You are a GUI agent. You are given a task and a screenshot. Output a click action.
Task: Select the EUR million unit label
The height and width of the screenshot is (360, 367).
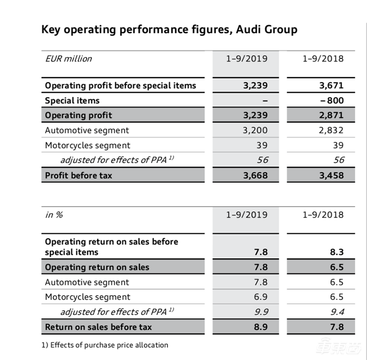(x=68, y=58)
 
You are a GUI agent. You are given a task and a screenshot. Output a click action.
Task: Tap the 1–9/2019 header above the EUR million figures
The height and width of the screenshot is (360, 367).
(x=247, y=58)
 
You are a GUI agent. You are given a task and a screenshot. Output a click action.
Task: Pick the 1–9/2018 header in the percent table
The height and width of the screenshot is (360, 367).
(x=323, y=214)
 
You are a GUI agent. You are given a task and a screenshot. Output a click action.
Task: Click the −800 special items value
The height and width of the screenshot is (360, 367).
(x=332, y=100)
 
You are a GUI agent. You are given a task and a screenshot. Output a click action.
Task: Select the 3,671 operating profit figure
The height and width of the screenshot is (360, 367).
(x=331, y=85)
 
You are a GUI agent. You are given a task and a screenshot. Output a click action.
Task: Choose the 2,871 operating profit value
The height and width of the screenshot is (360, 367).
(x=331, y=115)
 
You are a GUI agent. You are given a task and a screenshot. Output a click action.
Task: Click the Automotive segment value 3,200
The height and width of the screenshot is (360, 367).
(x=256, y=130)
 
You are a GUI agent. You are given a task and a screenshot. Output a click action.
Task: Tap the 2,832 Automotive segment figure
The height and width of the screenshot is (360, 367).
(x=331, y=130)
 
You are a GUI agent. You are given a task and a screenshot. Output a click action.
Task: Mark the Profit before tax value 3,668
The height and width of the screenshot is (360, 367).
(x=256, y=175)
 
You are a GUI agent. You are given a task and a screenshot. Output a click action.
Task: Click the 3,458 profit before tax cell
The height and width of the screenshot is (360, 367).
(x=331, y=175)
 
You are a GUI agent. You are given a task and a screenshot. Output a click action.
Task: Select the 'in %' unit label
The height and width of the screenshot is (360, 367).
(x=54, y=214)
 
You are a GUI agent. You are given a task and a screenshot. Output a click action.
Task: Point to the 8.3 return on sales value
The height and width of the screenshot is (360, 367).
(x=336, y=252)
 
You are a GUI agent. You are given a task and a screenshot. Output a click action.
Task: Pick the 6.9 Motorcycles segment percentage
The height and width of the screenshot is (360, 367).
(x=261, y=297)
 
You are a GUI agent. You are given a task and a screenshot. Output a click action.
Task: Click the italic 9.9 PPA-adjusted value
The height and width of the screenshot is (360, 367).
(x=261, y=312)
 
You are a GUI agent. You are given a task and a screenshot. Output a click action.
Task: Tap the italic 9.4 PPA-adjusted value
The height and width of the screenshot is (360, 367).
(x=336, y=312)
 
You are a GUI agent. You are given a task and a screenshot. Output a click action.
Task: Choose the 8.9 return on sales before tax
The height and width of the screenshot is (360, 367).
(x=261, y=327)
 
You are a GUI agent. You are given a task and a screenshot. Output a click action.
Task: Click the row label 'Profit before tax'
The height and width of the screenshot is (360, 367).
(x=78, y=175)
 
